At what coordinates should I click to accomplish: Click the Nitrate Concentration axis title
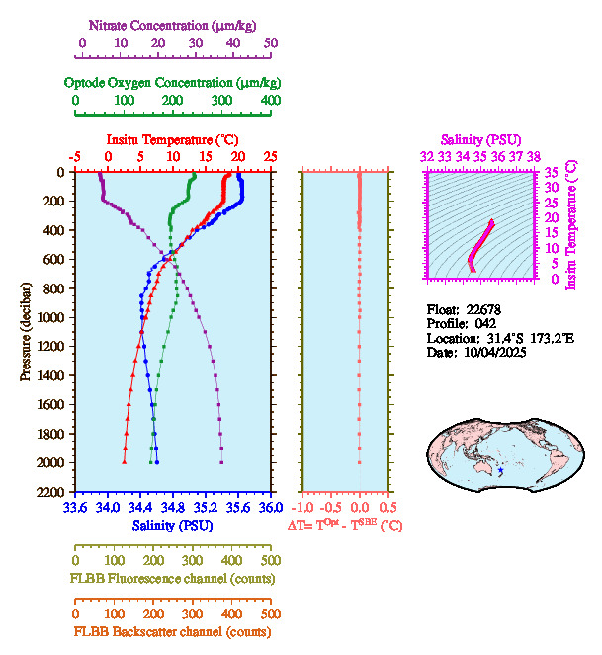coord(174,24)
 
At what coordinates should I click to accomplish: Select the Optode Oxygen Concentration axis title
coord(173,82)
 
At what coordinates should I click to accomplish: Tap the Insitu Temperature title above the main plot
coord(172,140)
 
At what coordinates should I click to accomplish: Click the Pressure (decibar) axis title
coord(26,331)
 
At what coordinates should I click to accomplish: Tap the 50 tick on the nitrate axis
coord(271,43)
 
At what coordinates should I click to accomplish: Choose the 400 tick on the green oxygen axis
coord(270,101)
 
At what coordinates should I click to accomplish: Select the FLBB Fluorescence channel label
coord(173,577)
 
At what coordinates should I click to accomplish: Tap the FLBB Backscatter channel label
coord(173,632)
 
